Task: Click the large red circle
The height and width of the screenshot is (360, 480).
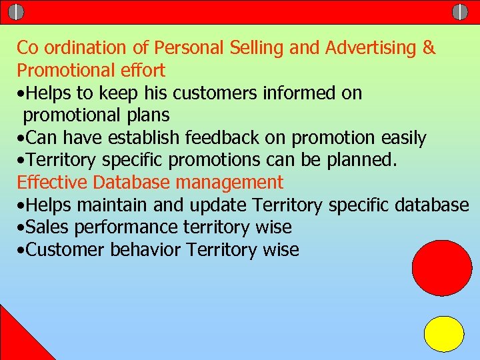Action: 442,268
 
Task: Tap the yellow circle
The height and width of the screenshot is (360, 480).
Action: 444,334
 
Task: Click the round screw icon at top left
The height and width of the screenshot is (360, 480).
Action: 17,12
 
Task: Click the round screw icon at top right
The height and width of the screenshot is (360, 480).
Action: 460,12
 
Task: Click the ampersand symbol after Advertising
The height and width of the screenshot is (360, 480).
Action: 429,48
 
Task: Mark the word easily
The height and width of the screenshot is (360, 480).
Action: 403,138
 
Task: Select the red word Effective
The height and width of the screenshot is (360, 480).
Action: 53,182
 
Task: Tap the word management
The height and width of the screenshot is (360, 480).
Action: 228,183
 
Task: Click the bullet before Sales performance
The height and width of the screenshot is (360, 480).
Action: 22,228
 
